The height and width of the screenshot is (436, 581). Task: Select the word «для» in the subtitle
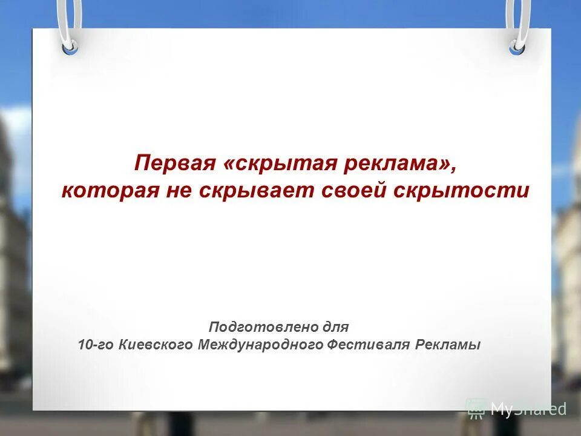click(336, 327)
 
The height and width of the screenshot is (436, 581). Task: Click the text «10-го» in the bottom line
click(96, 345)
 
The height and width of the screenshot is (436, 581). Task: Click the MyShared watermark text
click(528, 409)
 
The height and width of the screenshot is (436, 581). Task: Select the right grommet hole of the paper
click(516, 45)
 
